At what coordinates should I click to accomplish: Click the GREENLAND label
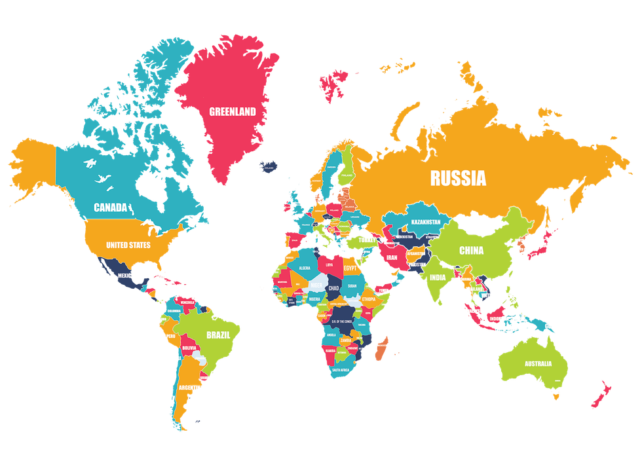pos(232,111)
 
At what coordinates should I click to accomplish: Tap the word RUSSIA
pos(458,177)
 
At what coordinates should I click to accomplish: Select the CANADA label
pos(110,208)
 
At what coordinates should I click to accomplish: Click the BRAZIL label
pos(218,334)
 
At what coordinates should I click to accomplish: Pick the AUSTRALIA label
pos(538,363)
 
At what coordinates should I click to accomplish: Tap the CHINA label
pos(471,250)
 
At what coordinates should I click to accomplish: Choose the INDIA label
pos(437,277)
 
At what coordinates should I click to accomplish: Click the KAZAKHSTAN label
pos(425,222)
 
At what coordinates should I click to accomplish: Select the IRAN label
pos(391,258)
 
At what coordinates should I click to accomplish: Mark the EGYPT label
pos(350,268)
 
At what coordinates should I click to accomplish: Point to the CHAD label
pos(333,288)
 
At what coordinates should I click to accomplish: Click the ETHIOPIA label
pos(369,299)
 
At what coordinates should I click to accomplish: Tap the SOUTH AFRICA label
pos(344,371)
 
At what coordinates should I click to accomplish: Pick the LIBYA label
pos(328,265)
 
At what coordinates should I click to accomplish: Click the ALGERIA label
pos(305,268)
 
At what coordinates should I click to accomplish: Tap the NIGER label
pos(316,286)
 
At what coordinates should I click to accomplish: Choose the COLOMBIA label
pos(173,312)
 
